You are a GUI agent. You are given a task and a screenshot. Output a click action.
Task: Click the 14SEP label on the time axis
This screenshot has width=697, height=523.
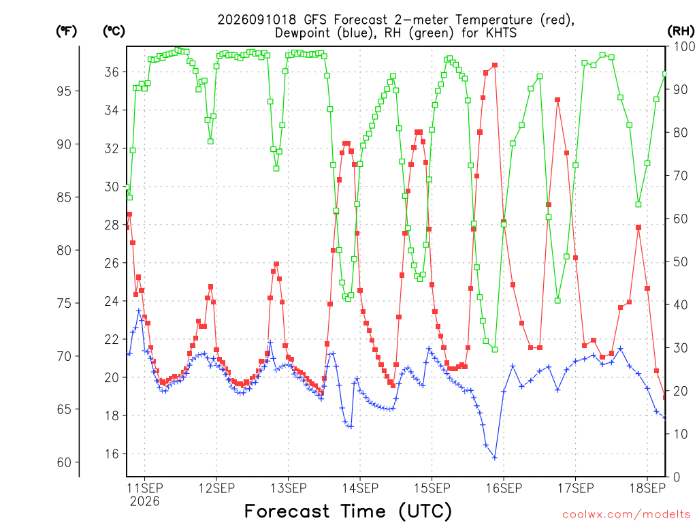pos(360,488)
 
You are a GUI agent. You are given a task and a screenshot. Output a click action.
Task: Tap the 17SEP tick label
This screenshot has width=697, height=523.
pos(575,488)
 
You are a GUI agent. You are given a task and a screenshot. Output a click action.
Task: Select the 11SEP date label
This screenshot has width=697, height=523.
pos(144,488)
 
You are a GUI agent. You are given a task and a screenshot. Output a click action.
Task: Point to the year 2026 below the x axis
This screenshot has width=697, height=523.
pos(144,502)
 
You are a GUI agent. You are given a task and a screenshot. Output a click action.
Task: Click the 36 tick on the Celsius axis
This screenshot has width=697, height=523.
pos(112,72)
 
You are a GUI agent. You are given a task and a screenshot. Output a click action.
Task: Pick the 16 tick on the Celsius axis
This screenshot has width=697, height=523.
pos(112,454)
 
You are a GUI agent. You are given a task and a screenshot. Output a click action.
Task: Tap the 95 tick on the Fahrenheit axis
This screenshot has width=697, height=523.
pos(65,91)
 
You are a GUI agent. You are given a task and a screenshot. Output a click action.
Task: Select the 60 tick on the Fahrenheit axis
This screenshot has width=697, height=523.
pos(65,462)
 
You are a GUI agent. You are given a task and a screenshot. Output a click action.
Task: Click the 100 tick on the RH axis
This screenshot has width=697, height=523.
pos(684,46)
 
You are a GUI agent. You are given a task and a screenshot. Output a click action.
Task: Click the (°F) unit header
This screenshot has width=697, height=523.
pos(66,31)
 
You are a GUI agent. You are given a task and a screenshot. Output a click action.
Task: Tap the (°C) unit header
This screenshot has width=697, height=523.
pos(114,31)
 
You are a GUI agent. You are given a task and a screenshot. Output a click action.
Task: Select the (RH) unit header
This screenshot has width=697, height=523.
pos(681,31)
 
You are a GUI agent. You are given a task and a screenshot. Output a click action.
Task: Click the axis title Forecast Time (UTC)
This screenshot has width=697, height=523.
pos(348,511)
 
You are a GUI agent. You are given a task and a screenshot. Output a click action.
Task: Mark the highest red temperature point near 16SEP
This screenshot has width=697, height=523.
pos(495,65)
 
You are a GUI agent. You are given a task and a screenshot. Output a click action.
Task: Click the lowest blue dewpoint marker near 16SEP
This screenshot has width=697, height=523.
pos(495,458)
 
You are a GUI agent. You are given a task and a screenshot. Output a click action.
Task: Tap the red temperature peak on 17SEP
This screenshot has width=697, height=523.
pos(557,100)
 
